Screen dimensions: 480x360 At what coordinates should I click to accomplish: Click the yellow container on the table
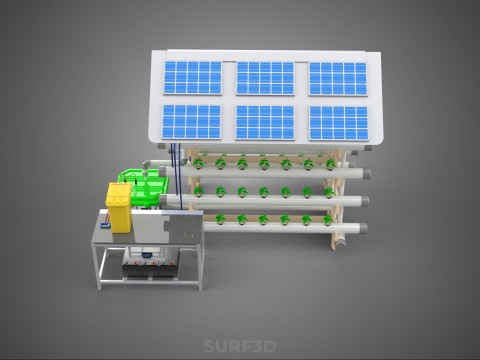[x=119, y=207]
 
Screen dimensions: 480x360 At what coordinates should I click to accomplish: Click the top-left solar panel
[x=192, y=78]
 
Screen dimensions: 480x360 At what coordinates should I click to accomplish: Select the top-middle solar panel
[x=265, y=78]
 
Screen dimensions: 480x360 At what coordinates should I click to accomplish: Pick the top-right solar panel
[x=338, y=79]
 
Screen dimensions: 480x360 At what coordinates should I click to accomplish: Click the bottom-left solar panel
[x=192, y=122]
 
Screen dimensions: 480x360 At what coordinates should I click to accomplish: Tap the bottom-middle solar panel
[x=265, y=122]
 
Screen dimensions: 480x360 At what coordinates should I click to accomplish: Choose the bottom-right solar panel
[x=339, y=123]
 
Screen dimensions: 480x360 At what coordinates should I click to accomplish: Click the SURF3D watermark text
[x=240, y=346]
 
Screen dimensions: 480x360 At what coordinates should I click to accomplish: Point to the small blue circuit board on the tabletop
[x=105, y=226]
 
